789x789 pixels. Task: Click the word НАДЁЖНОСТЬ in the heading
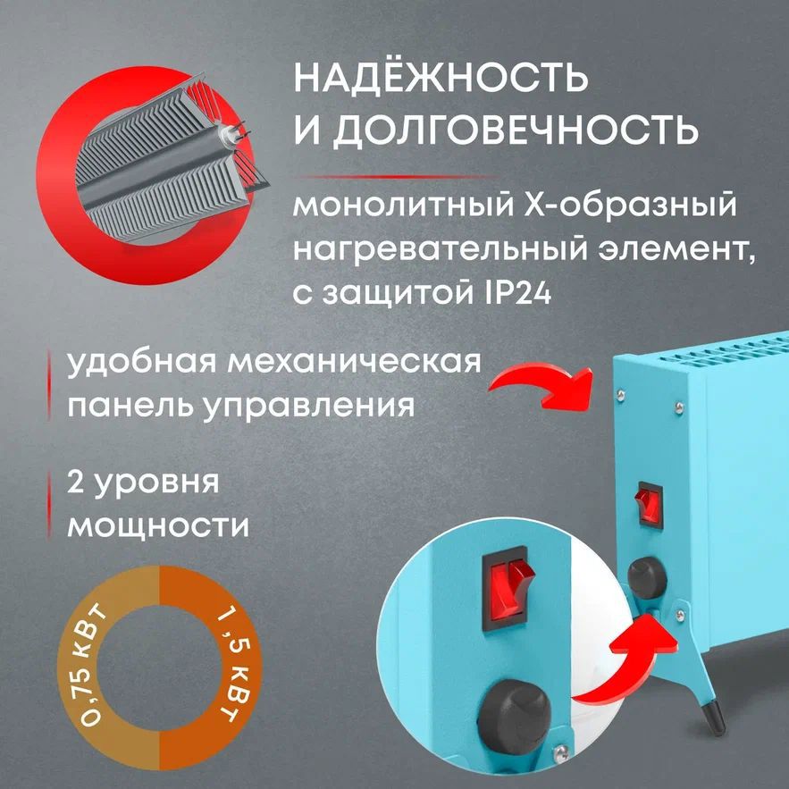click(441, 79)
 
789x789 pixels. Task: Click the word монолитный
click(394, 205)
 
